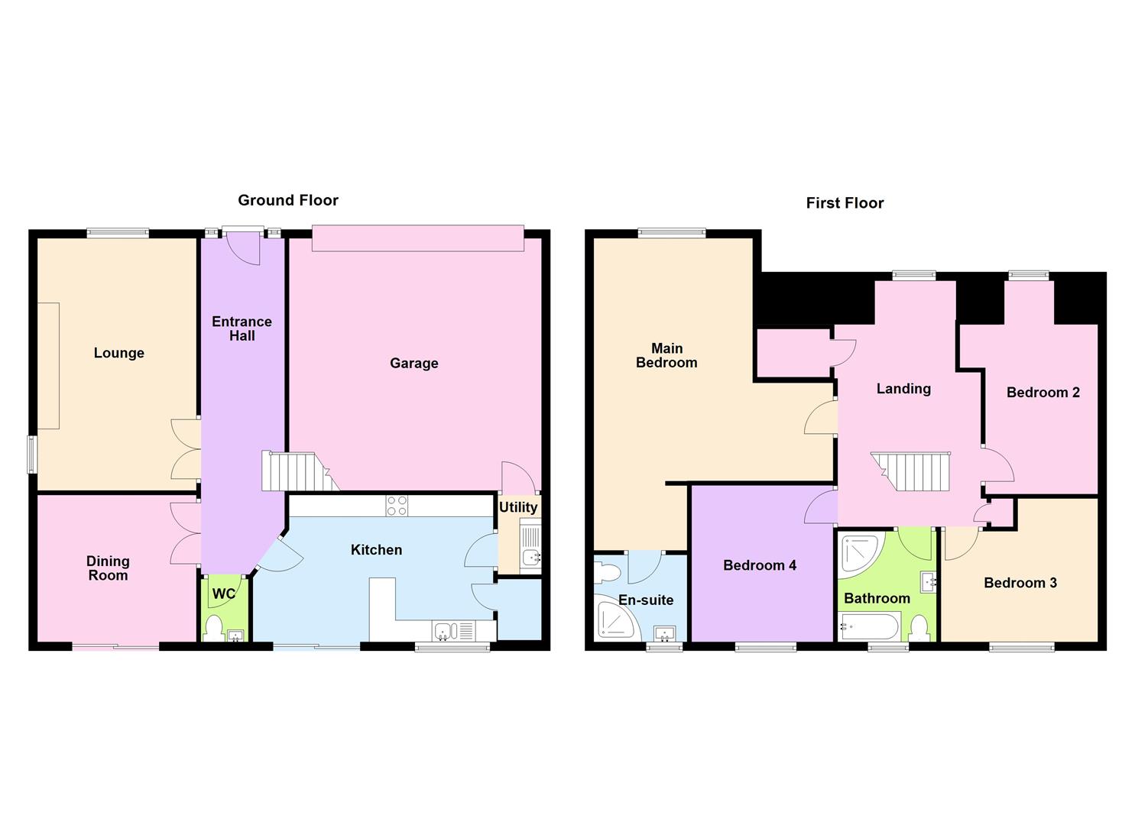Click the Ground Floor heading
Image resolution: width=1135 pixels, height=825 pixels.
coord(287,200)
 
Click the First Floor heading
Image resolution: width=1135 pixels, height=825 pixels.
coord(845,203)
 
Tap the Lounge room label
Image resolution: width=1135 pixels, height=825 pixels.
coord(118,353)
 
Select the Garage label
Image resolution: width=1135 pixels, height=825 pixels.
coord(413,364)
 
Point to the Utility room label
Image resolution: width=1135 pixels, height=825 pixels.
coord(518,507)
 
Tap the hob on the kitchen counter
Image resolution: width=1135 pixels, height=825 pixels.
coord(397,506)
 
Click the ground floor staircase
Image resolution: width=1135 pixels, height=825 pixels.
coord(294,471)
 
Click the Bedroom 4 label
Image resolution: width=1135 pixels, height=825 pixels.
coord(759,565)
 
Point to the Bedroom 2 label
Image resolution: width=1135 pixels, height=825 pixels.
coord(1043,393)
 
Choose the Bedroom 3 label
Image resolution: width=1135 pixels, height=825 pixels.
coord(1020,583)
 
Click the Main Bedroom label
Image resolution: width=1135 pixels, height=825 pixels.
coord(666,356)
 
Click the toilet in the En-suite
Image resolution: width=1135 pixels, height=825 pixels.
coord(608,572)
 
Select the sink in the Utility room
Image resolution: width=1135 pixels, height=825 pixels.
coord(530,558)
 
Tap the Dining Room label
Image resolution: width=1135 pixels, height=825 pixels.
coord(108,568)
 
